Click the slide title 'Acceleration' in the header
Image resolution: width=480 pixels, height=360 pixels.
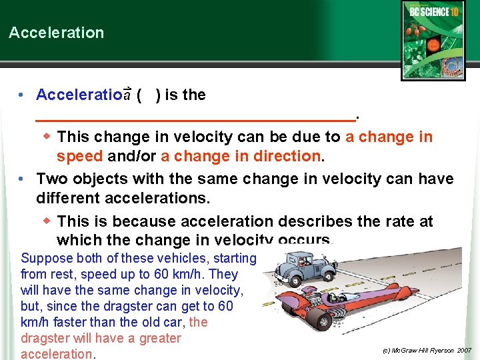[56, 33]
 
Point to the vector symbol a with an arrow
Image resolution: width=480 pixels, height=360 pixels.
[127, 94]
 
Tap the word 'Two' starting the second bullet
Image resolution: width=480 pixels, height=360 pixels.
[51, 179]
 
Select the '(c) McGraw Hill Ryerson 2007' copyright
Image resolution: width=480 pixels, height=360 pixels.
[427, 350]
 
